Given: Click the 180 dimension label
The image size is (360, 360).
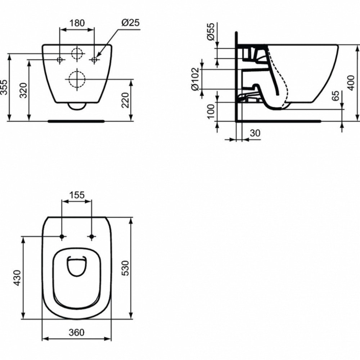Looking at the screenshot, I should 77,23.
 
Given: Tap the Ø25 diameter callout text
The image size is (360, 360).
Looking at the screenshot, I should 130,23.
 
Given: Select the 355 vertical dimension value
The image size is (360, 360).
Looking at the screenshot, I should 4,88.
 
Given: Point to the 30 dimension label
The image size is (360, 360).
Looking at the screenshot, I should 255,133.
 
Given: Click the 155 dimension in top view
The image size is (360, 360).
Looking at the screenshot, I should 77,195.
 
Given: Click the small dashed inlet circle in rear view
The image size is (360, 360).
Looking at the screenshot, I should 77,54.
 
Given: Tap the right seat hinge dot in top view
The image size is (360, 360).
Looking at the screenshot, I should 92,237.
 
